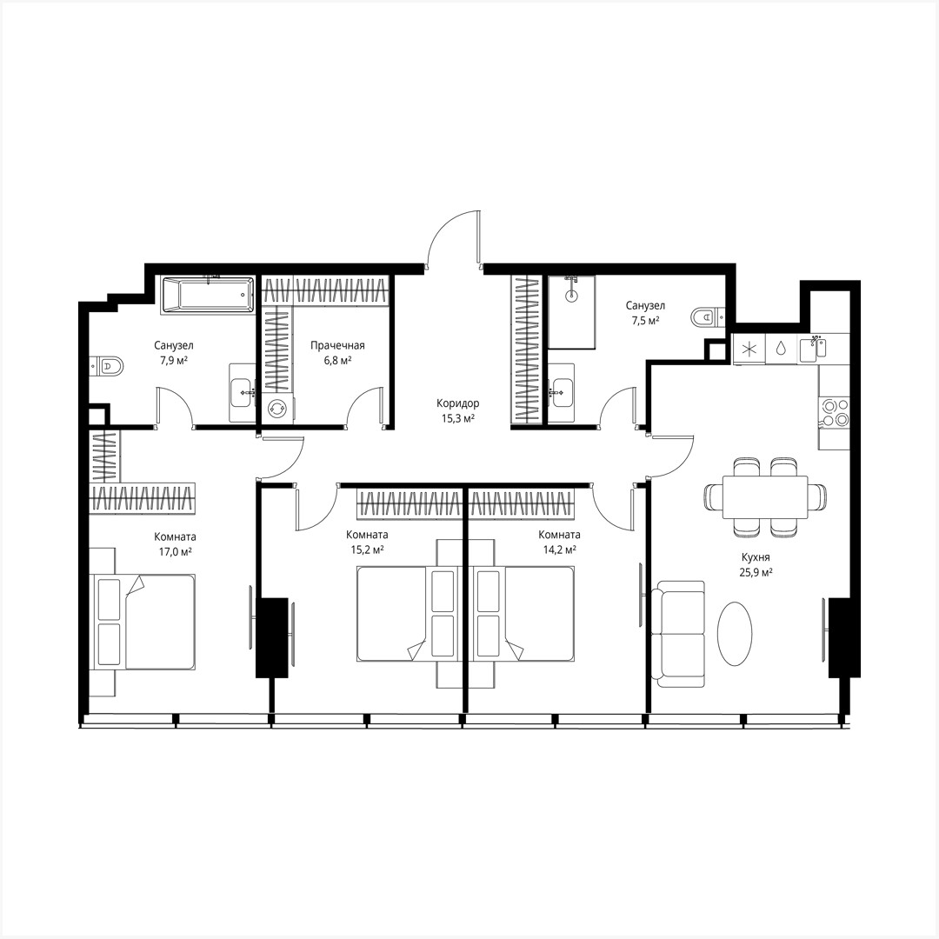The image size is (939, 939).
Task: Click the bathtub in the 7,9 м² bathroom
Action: pyautogui.click(x=207, y=295)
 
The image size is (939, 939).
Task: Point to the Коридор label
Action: pyautogui.click(x=458, y=403)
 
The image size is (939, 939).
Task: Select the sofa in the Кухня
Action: pyautogui.click(x=681, y=634)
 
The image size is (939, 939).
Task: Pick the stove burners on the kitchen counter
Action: pyautogui.click(x=833, y=412)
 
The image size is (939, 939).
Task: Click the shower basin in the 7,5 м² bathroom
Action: pyautogui.click(x=571, y=312)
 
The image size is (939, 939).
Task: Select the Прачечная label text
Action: pyautogui.click(x=337, y=345)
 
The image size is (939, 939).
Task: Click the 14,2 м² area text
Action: pyautogui.click(x=559, y=549)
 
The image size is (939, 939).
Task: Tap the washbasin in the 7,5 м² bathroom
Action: pyautogui.click(x=562, y=393)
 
